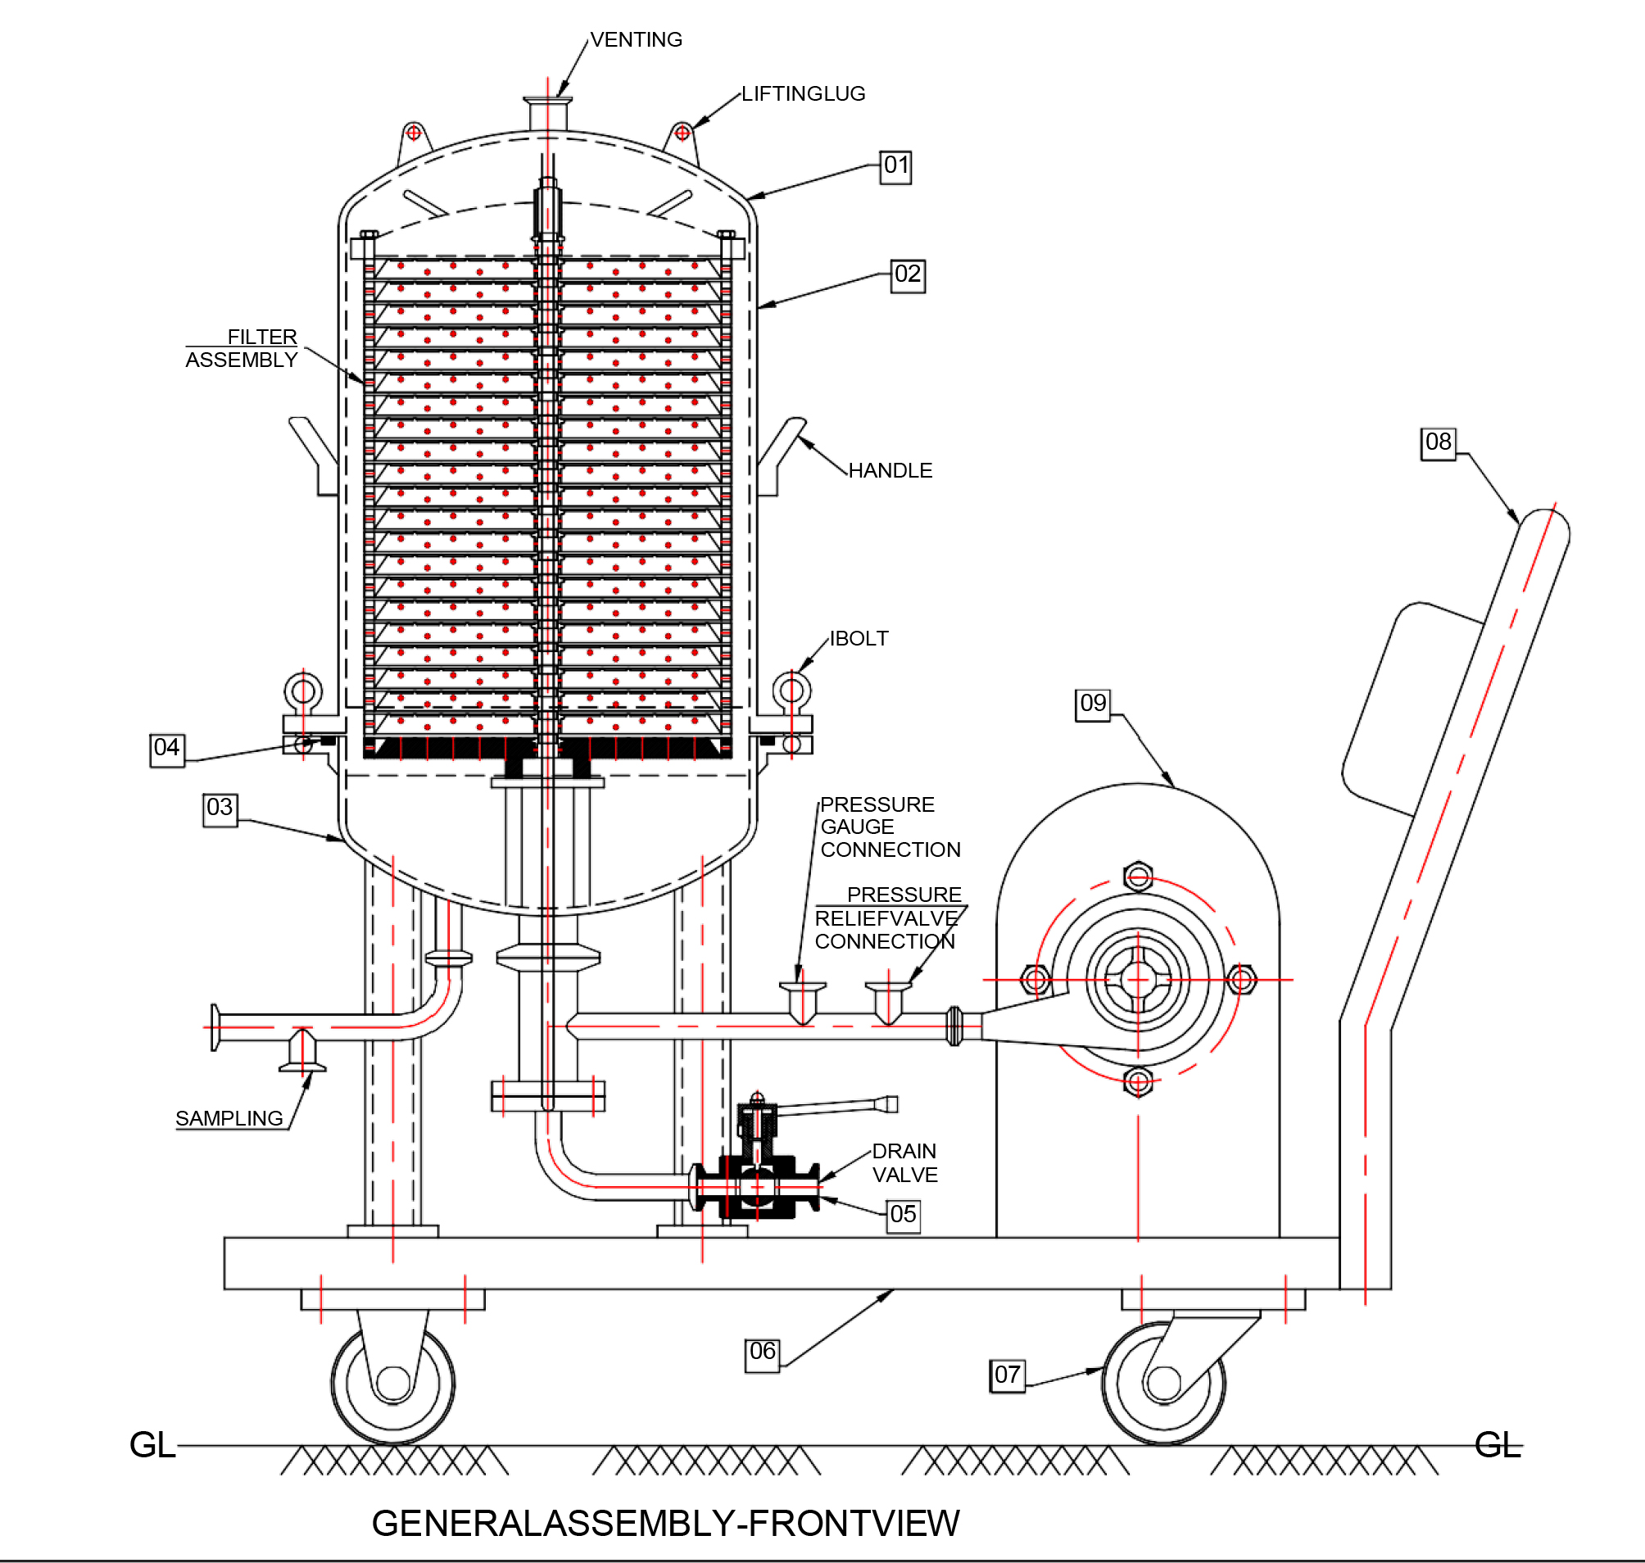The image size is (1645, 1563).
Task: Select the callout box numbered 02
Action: pyautogui.click(x=907, y=274)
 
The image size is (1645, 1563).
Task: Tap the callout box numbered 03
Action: pyautogui.click(x=220, y=809)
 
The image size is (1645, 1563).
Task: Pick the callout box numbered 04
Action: pyautogui.click(x=166, y=748)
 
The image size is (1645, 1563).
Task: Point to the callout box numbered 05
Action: pyautogui.click(x=903, y=1215)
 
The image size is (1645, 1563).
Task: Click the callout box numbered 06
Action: pyautogui.click(x=762, y=1352)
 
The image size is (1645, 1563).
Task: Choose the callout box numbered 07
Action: pyautogui.click(x=1007, y=1375)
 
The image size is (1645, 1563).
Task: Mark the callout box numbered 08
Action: pyautogui.click(x=1438, y=442)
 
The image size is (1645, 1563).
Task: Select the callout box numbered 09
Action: pyautogui.click(x=1093, y=704)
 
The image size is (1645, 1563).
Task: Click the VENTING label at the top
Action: pyautogui.click(x=636, y=40)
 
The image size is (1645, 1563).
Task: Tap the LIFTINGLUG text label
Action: pyautogui.click(x=803, y=94)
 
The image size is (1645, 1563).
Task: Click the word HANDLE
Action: pyautogui.click(x=890, y=471)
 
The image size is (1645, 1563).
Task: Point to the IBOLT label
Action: pyautogui.click(x=859, y=639)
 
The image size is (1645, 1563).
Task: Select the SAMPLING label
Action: pyautogui.click(x=229, y=1119)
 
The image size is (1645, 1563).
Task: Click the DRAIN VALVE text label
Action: pyautogui.click(x=904, y=1163)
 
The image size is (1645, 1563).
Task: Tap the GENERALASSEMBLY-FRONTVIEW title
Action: pyautogui.click(x=665, y=1523)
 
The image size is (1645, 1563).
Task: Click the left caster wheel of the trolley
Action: pyautogui.click(x=392, y=1384)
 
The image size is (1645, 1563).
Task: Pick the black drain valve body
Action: pyautogui.click(x=757, y=1185)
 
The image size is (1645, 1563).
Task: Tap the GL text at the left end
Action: pyautogui.click(x=152, y=1446)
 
